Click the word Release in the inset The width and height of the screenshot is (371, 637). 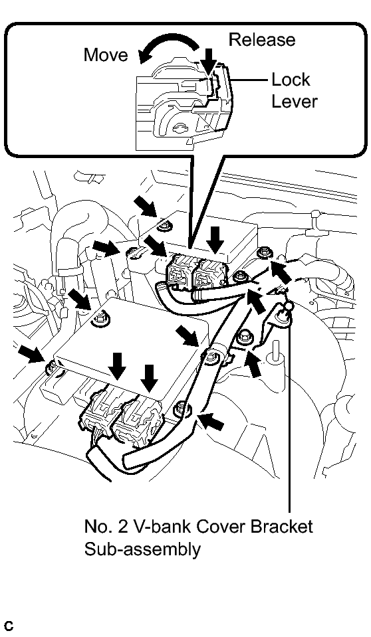click(261, 39)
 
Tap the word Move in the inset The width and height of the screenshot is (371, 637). click(106, 55)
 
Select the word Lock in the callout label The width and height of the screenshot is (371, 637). click(291, 80)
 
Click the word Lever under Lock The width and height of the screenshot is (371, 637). click(294, 101)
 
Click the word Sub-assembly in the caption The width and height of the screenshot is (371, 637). click(142, 550)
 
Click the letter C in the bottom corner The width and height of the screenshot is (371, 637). click(9, 626)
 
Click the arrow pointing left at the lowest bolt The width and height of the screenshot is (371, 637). click(212, 421)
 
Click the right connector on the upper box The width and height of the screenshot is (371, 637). click(208, 276)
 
